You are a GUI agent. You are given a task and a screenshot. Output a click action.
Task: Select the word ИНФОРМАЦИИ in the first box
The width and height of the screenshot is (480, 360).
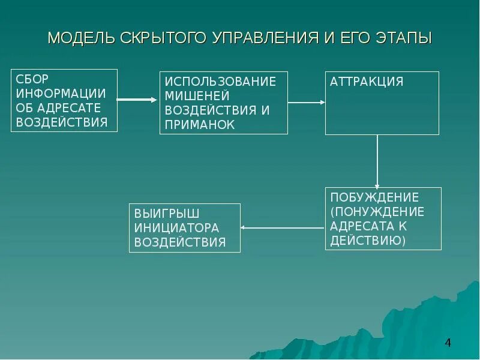pos(61,94)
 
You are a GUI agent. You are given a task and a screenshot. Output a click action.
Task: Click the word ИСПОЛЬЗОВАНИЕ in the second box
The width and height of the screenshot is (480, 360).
pos(220,82)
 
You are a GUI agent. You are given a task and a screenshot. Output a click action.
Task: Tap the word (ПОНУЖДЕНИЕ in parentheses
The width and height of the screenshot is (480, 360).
pos(377,212)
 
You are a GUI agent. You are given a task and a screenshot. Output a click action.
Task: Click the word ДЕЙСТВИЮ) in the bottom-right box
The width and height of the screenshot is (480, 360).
pos(368,241)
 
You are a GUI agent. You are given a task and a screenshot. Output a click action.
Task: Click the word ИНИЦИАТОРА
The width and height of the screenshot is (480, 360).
pos(176,228)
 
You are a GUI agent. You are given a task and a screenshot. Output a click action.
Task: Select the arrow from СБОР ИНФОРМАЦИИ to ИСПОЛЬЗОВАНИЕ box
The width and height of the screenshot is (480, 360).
pos(137,100)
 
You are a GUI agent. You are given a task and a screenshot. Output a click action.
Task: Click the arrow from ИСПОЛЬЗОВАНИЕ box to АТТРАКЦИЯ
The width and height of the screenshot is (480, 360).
pos(306,103)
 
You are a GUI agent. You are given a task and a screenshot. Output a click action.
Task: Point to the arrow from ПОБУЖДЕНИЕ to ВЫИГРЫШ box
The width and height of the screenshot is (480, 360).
pos(282,227)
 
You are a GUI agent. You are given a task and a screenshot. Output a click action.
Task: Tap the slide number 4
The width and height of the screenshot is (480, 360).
pos(448,343)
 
